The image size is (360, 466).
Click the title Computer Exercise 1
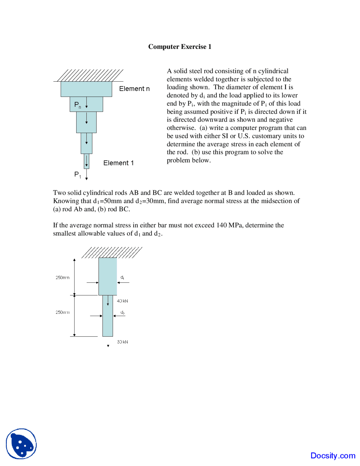click(x=180, y=47)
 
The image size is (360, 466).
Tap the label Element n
click(x=134, y=89)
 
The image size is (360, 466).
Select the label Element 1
click(x=118, y=163)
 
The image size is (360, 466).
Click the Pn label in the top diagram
click(x=77, y=105)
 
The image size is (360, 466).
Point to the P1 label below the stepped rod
click(x=77, y=174)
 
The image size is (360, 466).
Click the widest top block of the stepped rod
click(x=86, y=89)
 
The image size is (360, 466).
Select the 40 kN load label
click(x=122, y=301)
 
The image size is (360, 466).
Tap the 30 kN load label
click(x=122, y=342)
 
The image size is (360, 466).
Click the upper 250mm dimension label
click(x=62, y=277)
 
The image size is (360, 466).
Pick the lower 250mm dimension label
click(x=62, y=312)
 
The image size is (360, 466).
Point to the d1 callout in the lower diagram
click(x=122, y=277)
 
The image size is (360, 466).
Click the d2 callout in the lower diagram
click(x=122, y=312)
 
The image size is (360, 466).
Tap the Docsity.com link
click(x=333, y=456)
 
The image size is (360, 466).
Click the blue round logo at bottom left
click(x=21, y=444)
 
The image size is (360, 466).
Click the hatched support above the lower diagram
click(x=112, y=252)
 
